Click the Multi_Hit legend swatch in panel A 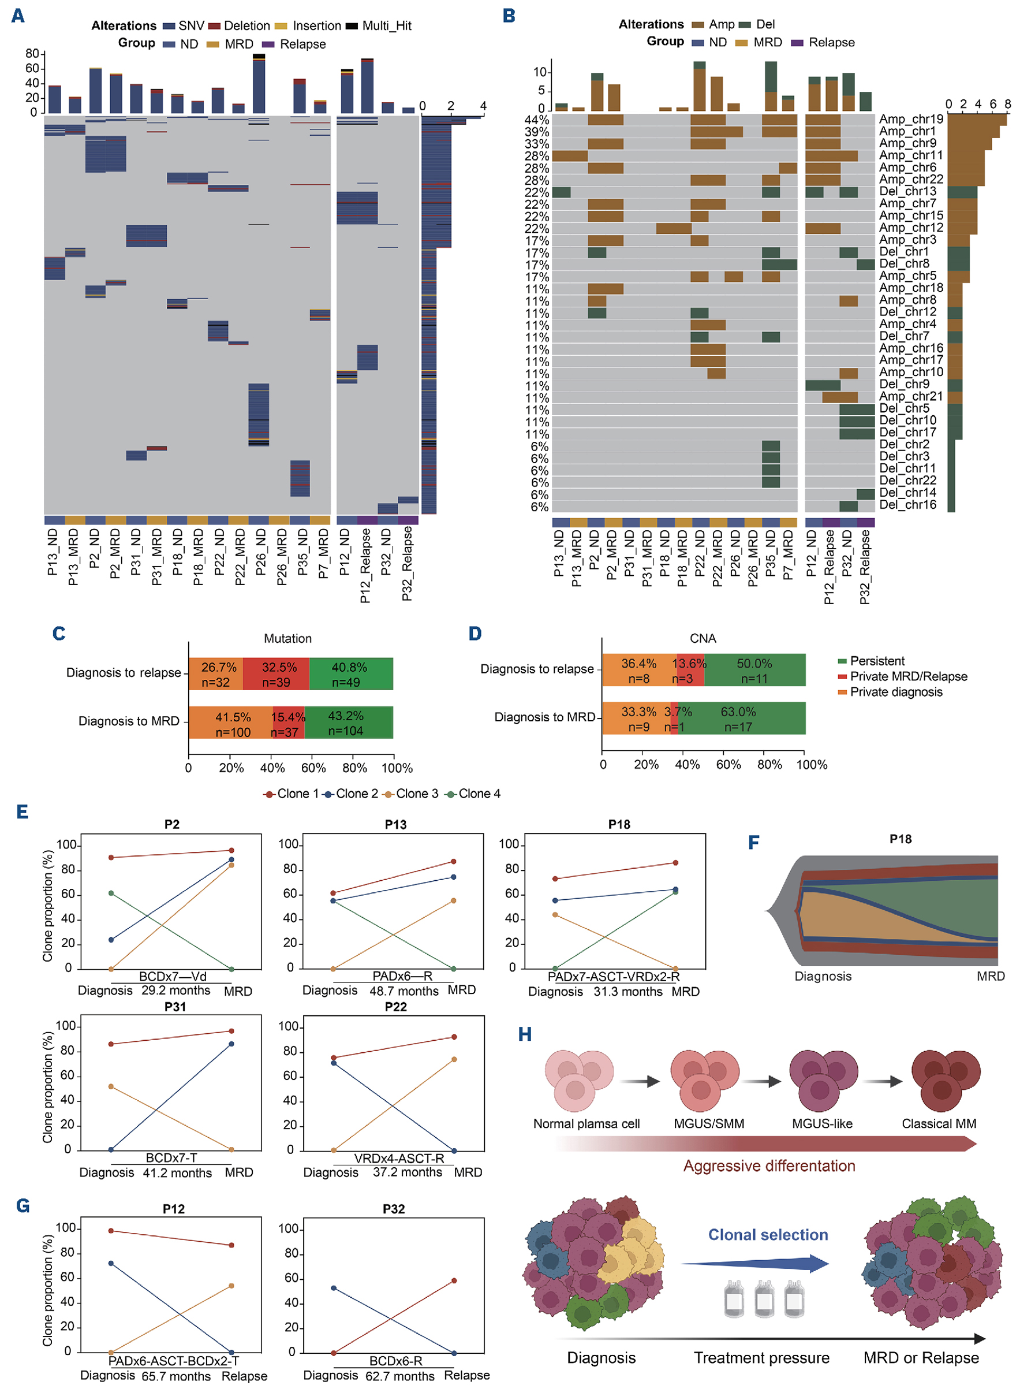[x=352, y=26]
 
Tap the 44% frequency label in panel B [x=536, y=120]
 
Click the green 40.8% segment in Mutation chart [x=351, y=674]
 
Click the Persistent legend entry [x=877, y=661]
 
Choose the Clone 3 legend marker [x=388, y=794]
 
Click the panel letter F [x=753, y=843]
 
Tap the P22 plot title [x=396, y=1007]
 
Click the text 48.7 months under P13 [x=404, y=990]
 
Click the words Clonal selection [x=768, y=1235]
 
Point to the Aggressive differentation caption [x=769, y=1165]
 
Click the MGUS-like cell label [x=822, y=1123]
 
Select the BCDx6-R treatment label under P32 [x=395, y=1361]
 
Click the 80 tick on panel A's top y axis [x=32, y=54]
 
